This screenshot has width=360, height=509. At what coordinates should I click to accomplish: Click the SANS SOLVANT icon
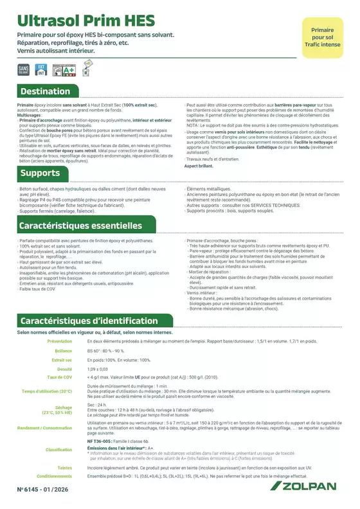point(24,68)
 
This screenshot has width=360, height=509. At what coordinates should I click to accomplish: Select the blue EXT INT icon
point(40,68)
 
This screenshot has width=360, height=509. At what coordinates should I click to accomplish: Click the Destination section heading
point(45,91)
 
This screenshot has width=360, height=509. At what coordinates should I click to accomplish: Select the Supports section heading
point(40,174)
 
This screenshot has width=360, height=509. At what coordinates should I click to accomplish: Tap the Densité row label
point(62,370)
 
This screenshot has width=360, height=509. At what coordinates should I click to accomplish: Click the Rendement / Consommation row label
point(44,427)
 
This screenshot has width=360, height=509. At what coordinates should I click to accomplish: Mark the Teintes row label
point(64,469)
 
